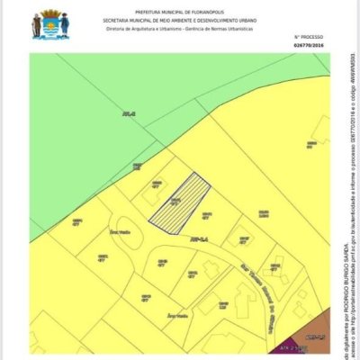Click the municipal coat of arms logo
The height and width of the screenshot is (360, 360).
pos(49,23)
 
